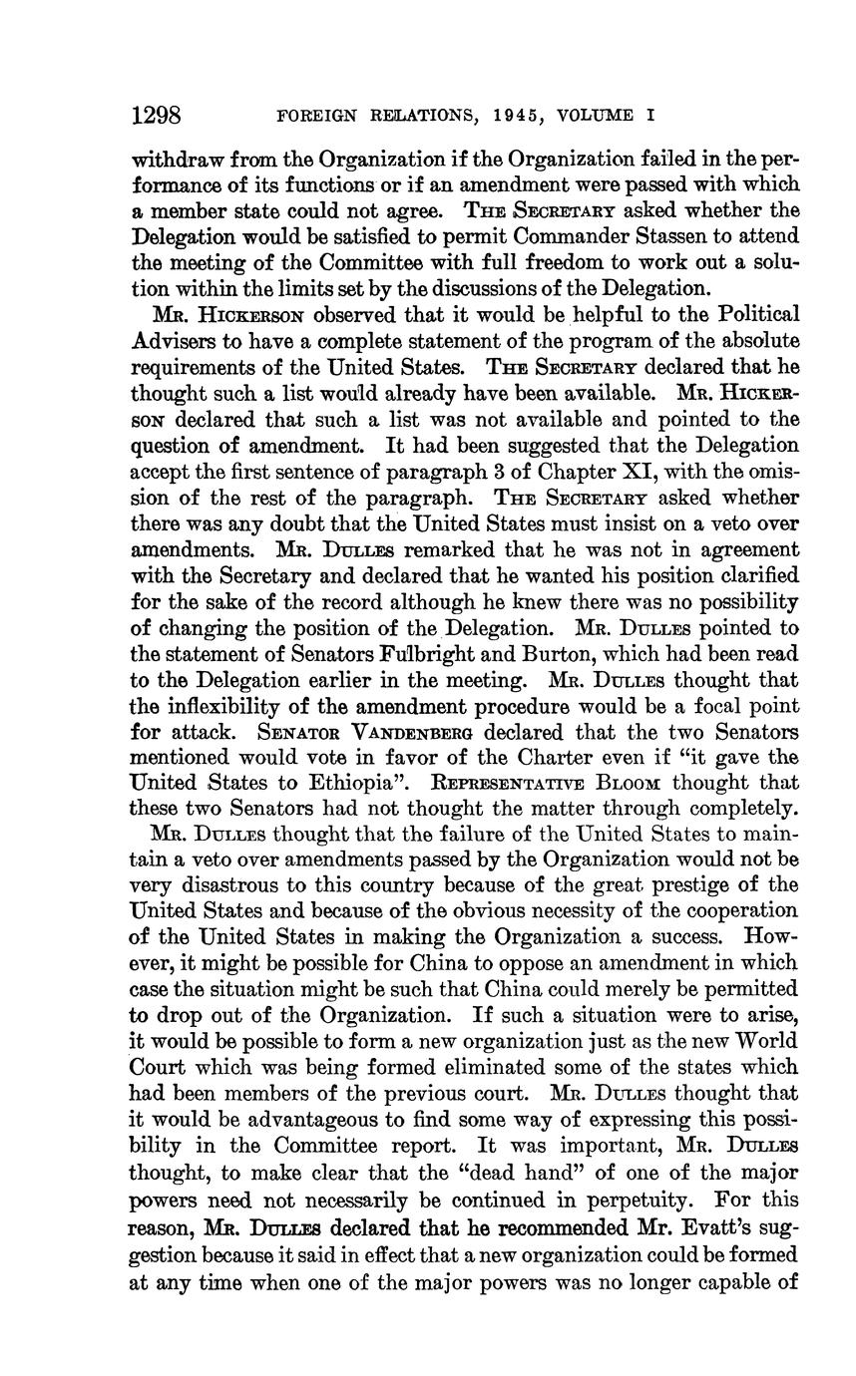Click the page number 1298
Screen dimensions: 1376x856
155,115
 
